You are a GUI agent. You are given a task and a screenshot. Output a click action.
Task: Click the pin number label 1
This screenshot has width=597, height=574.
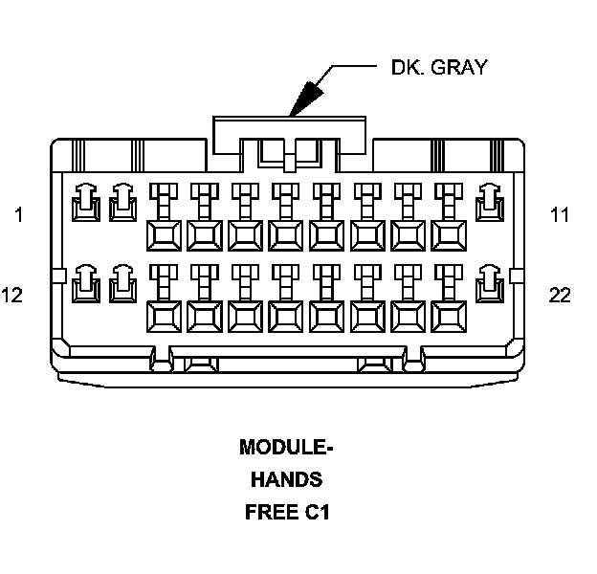tap(18, 215)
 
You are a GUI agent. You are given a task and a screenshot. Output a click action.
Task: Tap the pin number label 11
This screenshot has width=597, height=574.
tap(560, 215)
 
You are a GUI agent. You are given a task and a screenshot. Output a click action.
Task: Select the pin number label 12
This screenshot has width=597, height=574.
tap(12, 295)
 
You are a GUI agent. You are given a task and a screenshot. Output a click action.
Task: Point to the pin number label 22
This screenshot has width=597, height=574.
tap(560, 295)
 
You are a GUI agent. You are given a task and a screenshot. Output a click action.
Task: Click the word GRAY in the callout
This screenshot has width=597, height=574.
tap(458, 67)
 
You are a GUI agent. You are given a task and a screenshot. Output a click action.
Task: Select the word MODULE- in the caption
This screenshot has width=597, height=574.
tap(286, 447)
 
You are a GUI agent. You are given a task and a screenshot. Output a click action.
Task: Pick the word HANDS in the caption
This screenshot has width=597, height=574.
tap(286, 479)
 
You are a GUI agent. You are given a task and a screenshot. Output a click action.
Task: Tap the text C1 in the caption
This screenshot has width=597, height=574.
tap(318, 512)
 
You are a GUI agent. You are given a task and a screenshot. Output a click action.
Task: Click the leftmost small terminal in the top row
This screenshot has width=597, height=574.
tap(84, 201)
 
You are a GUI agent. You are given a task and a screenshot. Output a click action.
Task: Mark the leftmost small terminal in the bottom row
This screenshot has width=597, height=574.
tap(84, 281)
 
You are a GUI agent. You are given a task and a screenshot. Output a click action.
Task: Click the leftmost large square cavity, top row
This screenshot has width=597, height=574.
tap(164, 233)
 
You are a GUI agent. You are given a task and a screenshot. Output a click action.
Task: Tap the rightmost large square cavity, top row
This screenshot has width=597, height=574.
tap(448, 233)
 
